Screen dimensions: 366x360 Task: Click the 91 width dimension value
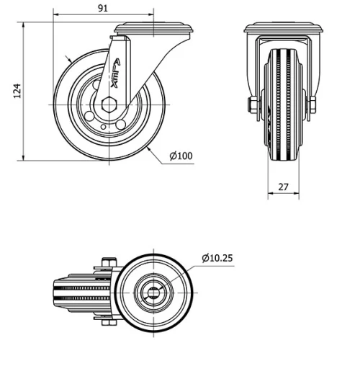(x=104, y=8)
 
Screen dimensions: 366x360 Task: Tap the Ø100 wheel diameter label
(x=181, y=155)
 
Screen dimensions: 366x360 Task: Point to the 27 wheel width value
(x=283, y=187)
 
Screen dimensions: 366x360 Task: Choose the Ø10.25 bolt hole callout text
(x=217, y=257)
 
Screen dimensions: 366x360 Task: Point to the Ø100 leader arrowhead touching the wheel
(x=147, y=147)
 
